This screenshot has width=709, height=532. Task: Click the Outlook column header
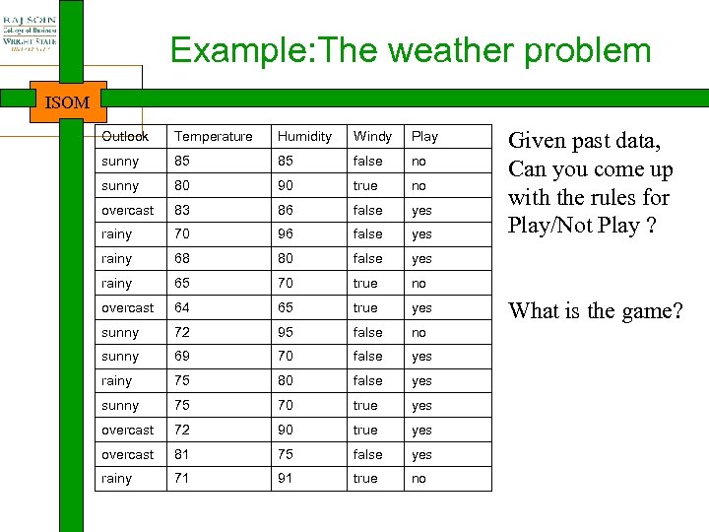pyautogui.click(x=124, y=136)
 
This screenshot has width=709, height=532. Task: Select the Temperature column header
pyautogui.click(x=213, y=136)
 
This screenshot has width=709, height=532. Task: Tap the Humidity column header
pyautogui.click(x=304, y=136)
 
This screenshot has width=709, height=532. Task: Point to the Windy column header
pyautogui.click(x=372, y=136)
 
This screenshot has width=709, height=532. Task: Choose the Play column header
pyautogui.click(x=424, y=136)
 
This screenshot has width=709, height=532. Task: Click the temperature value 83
pyautogui.click(x=182, y=210)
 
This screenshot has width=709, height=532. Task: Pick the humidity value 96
pyautogui.click(x=286, y=234)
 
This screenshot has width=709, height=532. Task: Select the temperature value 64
pyautogui.click(x=182, y=307)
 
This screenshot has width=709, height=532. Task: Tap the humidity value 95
pyautogui.click(x=286, y=332)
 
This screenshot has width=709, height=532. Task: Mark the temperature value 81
pyautogui.click(x=182, y=454)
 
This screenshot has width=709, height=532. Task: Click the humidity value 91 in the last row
pyautogui.click(x=286, y=479)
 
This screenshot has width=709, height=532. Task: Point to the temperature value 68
pyautogui.click(x=182, y=259)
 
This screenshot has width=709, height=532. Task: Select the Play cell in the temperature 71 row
pyautogui.click(x=419, y=479)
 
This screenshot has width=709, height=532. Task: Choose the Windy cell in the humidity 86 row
pyautogui.click(x=367, y=210)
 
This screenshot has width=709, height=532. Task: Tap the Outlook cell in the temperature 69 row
pyautogui.click(x=119, y=357)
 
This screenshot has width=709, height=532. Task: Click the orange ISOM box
pyautogui.click(x=67, y=102)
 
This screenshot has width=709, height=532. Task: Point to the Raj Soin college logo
pyautogui.click(x=29, y=30)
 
